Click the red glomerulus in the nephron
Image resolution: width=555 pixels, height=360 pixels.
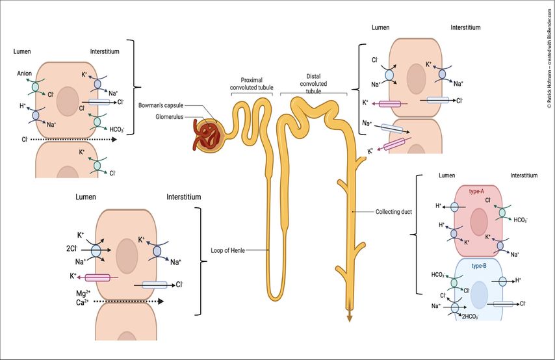click(209, 131)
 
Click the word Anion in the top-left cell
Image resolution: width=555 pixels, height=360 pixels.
click(24, 73)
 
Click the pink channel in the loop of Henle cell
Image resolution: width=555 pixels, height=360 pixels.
click(98, 277)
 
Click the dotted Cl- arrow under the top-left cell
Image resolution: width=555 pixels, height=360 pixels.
click(65, 138)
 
